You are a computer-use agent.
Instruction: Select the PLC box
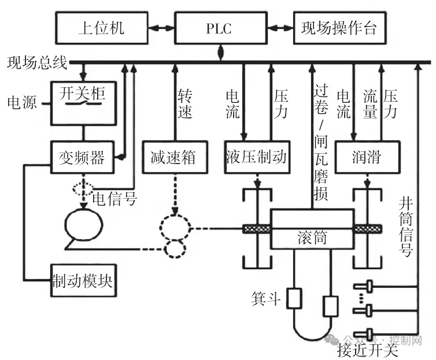(219, 28)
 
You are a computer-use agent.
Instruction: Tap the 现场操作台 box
(339, 28)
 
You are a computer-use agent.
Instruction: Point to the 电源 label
(22, 103)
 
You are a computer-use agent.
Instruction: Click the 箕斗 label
(266, 298)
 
